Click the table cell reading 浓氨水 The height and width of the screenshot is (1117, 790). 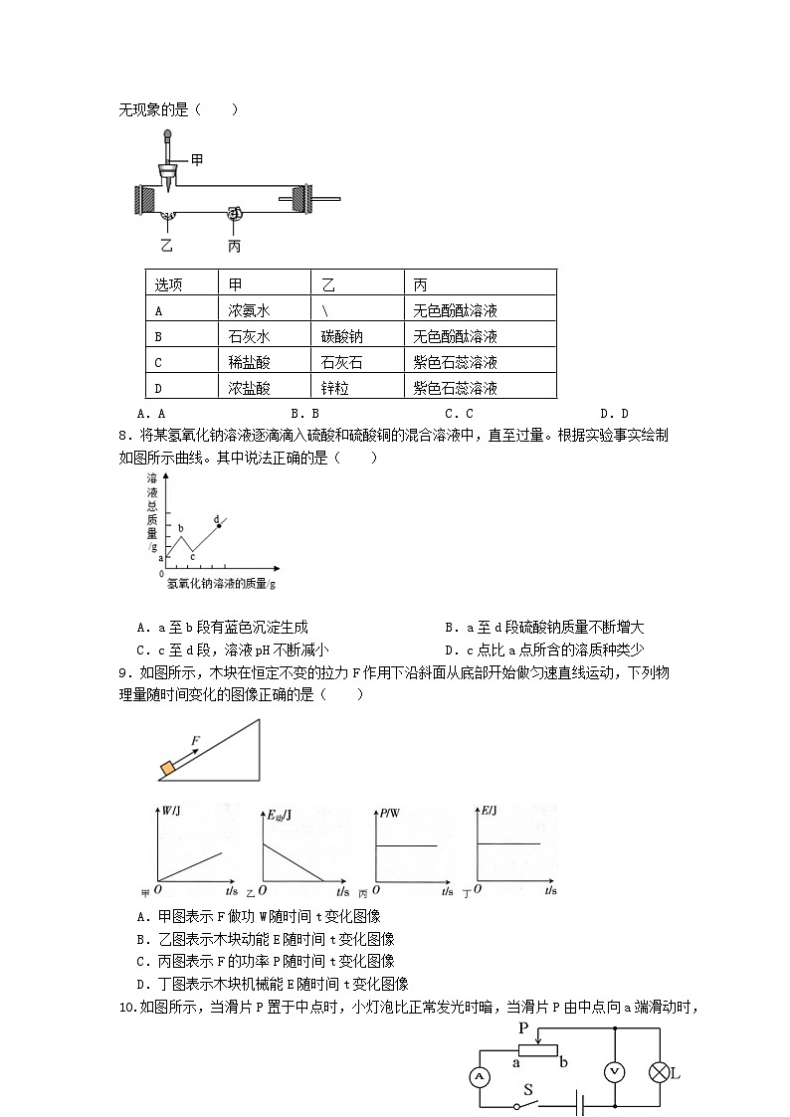[x=249, y=309]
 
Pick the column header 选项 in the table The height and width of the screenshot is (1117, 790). [x=168, y=283]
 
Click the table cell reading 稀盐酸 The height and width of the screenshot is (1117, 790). [x=249, y=362]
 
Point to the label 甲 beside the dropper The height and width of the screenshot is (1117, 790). [x=197, y=159]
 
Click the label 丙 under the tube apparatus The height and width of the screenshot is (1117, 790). [x=234, y=246]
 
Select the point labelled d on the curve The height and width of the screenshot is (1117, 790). [x=219, y=524]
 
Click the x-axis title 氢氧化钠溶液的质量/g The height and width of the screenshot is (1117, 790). [x=221, y=584]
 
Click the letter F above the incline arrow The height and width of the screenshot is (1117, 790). [x=196, y=741]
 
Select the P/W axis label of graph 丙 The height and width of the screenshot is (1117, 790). [x=389, y=814]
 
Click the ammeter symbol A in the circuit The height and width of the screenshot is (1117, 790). [x=479, y=1076]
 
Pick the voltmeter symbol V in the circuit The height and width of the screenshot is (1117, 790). [x=615, y=1072]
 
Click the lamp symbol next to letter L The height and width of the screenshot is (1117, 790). [x=658, y=1072]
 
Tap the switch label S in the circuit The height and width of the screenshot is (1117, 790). [x=528, y=1090]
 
